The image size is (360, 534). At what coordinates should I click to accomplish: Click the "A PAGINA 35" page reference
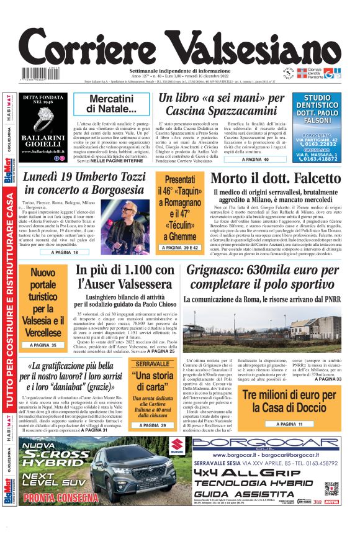(x=45, y=345)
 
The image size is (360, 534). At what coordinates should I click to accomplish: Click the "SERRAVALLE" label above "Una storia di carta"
(x=153, y=363)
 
